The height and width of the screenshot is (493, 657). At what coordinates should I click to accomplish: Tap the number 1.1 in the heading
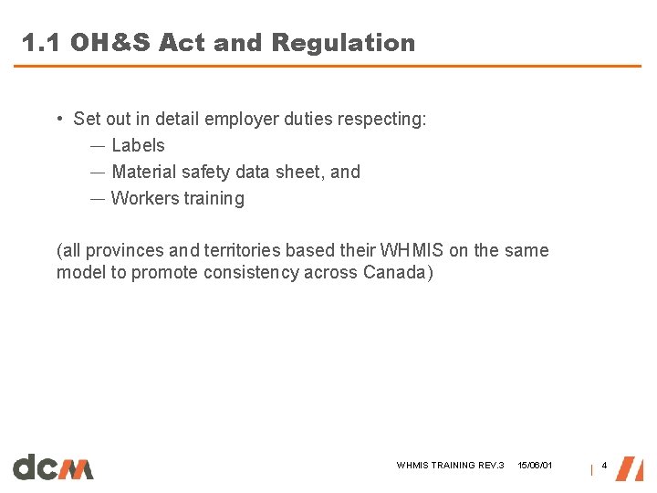(x=40, y=43)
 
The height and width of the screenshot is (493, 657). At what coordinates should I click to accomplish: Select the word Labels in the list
(x=138, y=145)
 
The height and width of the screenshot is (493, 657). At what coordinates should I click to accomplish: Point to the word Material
(x=143, y=172)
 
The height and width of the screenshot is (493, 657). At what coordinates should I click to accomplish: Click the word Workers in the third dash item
(x=143, y=198)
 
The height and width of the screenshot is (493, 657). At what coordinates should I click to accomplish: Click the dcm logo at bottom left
(x=53, y=467)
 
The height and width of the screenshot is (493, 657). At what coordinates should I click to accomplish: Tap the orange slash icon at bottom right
(x=629, y=467)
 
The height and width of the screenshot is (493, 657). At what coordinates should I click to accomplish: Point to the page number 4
(x=604, y=467)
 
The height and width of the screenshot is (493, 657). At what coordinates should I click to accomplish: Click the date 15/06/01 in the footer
(x=535, y=466)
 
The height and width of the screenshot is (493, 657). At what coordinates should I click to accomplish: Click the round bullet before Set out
(x=58, y=120)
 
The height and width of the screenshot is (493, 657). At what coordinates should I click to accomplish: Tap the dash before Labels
(x=97, y=146)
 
